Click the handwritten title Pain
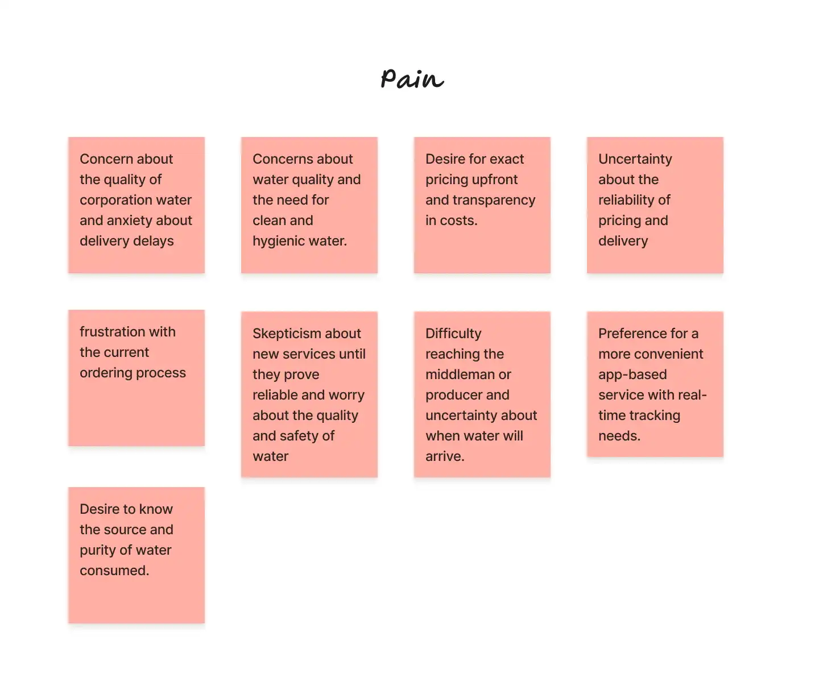click(x=412, y=78)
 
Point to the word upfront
click(x=491, y=180)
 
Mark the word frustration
click(x=112, y=332)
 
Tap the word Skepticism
click(x=287, y=334)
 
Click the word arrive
click(x=444, y=456)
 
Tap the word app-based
click(x=632, y=375)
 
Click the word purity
click(x=99, y=550)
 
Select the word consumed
click(x=114, y=571)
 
